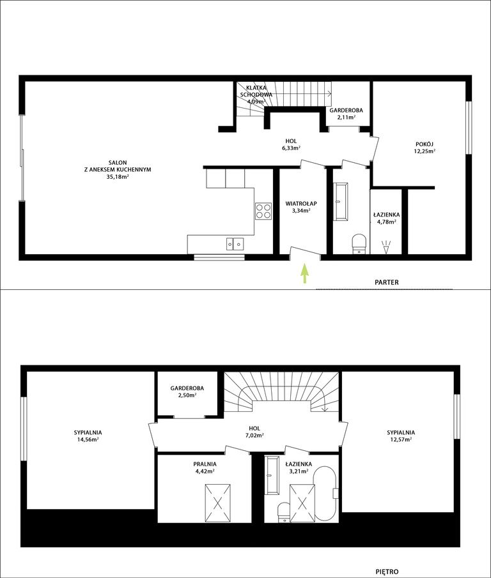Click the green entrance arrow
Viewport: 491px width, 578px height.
coord(304,273)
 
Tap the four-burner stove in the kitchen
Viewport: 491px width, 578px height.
coord(263,211)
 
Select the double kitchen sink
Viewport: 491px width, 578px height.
coord(235,244)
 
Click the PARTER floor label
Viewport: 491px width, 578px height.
coord(387,282)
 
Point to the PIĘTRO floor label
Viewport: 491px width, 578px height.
coord(387,572)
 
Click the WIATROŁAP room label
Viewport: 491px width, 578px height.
coord(301,204)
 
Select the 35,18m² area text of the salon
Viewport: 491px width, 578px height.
coord(117,177)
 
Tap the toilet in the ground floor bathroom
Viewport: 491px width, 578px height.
coord(359,244)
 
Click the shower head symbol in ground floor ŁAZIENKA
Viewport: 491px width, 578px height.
coord(386,247)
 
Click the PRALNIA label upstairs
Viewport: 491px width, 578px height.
coord(205,464)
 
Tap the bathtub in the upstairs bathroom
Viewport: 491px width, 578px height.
coord(325,494)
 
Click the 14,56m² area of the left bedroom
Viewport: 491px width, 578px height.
coord(88,439)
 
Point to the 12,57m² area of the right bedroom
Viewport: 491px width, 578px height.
coord(401,439)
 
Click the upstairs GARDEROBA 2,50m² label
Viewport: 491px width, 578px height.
coord(187,392)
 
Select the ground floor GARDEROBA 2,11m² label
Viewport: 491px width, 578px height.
coord(346,114)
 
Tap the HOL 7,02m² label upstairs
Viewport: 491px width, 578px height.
coord(254,432)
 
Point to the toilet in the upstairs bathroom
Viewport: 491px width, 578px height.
coord(284,512)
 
